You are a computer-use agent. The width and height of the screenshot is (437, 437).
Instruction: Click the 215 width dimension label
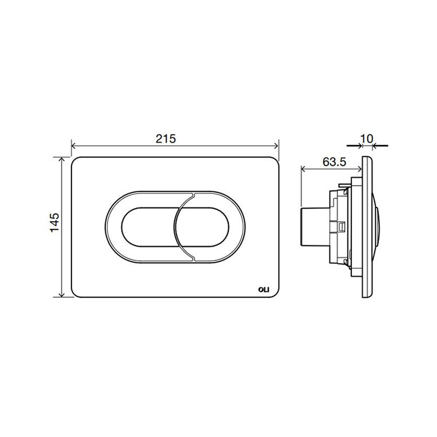pos(166,139)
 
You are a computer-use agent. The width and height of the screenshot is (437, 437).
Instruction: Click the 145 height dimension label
pos(54,222)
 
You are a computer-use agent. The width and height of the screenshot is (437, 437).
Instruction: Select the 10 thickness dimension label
pos(367,138)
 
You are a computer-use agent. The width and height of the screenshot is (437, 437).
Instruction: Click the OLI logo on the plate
pos(263,290)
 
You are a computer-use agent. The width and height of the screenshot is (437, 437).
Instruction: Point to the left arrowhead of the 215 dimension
pos(74,145)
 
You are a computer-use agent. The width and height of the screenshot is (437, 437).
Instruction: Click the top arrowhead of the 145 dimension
pos(62,159)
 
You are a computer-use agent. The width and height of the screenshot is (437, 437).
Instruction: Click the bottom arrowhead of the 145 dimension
pos(62,294)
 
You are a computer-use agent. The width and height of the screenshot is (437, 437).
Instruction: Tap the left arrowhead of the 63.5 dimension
pos(304,169)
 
